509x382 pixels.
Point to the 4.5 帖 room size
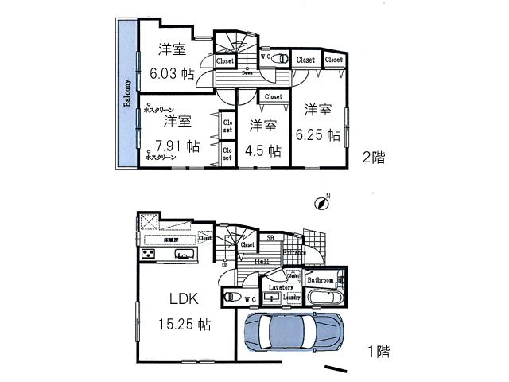point(262,150)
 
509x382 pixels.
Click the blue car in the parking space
point(293,332)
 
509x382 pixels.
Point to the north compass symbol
point(322,203)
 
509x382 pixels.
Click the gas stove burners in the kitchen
point(149,255)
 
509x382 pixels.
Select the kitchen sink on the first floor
point(185,255)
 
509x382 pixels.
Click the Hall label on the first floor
point(259,261)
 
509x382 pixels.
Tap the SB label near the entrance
point(270,238)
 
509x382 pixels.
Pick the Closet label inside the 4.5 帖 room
point(273,97)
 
